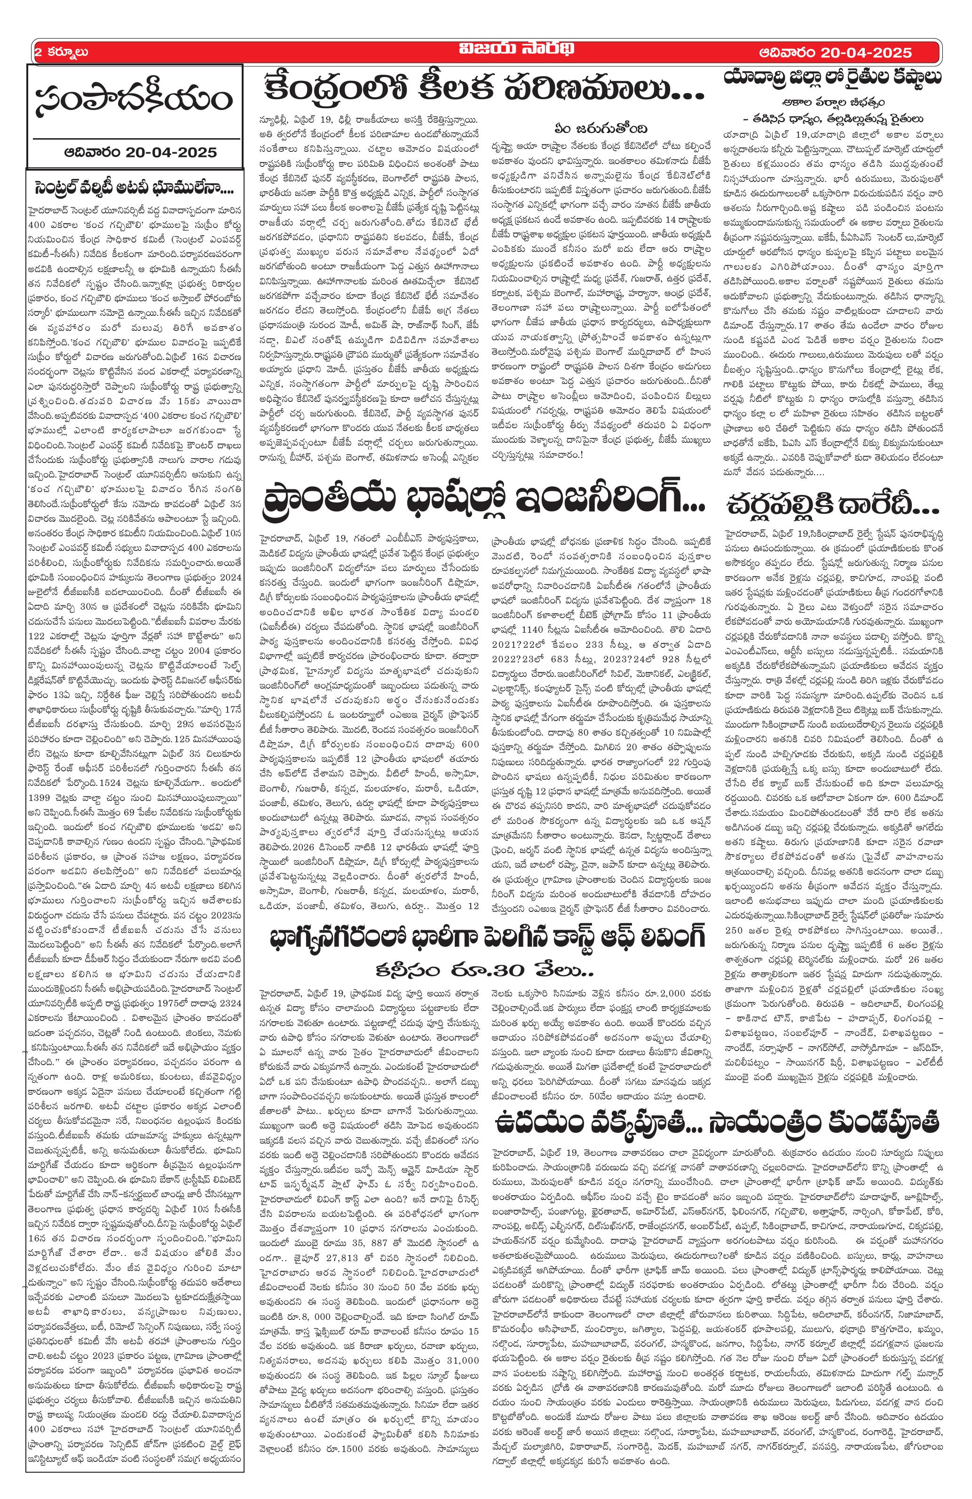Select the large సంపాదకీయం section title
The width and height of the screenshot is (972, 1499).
click(x=134, y=100)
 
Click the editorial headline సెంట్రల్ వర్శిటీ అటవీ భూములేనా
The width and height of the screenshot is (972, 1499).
click(x=134, y=188)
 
